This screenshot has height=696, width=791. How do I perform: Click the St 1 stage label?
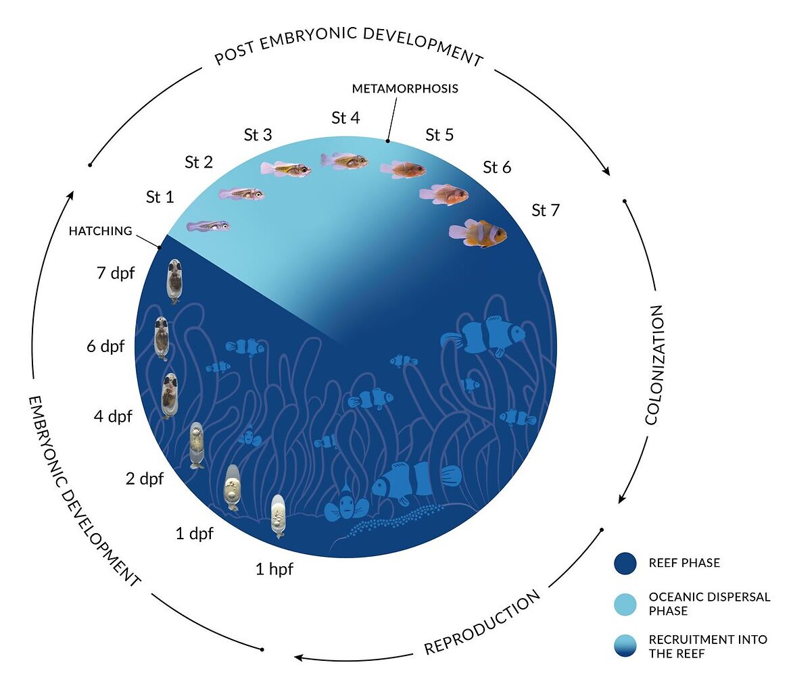pyautogui.click(x=160, y=197)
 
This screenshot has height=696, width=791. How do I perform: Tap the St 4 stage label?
pyautogui.click(x=345, y=118)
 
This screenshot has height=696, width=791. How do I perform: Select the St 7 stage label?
pyautogui.click(x=546, y=210)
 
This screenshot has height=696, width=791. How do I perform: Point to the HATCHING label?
pyautogui.click(x=100, y=231)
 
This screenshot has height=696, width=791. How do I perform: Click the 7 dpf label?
pyautogui.click(x=116, y=274)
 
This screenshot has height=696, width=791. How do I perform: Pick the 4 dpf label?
pyautogui.click(x=113, y=416)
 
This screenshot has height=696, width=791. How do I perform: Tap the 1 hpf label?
pyautogui.click(x=274, y=569)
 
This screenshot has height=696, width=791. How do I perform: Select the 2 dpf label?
pyautogui.click(x=145, y=479)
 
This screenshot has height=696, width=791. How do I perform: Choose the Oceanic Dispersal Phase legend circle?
pyautogui.click(x=625, y=603)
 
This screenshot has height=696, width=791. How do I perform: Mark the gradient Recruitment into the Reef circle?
pyautogui.click(x=625, y=645)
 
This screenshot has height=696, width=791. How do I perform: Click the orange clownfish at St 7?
pyautogui.click(x=479, y=232)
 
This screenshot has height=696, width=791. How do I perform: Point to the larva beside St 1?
pyautogui.click(x=208, y=225)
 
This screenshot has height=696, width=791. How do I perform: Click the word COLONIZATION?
pyautogui.click(x=654, y=365)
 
